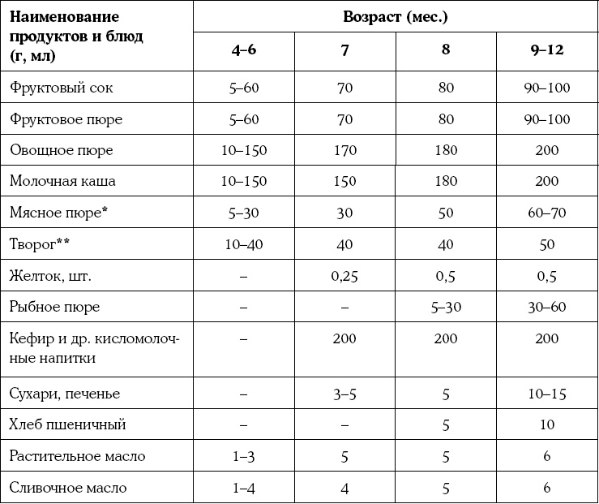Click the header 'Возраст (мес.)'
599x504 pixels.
396,16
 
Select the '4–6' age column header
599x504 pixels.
244,50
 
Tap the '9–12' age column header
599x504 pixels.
547,50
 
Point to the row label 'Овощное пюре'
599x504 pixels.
62,151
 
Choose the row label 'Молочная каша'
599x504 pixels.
62,182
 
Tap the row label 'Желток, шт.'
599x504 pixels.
51,276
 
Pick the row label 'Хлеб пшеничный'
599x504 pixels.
67,424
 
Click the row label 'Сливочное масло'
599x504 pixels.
68,488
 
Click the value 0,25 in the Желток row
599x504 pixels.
344,276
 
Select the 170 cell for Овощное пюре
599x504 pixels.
344,151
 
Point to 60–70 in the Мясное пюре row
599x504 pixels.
547,213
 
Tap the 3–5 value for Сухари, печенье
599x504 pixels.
344,394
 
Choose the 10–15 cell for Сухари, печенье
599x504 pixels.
547,394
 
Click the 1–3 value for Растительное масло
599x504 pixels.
244,456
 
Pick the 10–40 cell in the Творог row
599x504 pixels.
244,244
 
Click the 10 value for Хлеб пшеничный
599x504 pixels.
547,424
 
